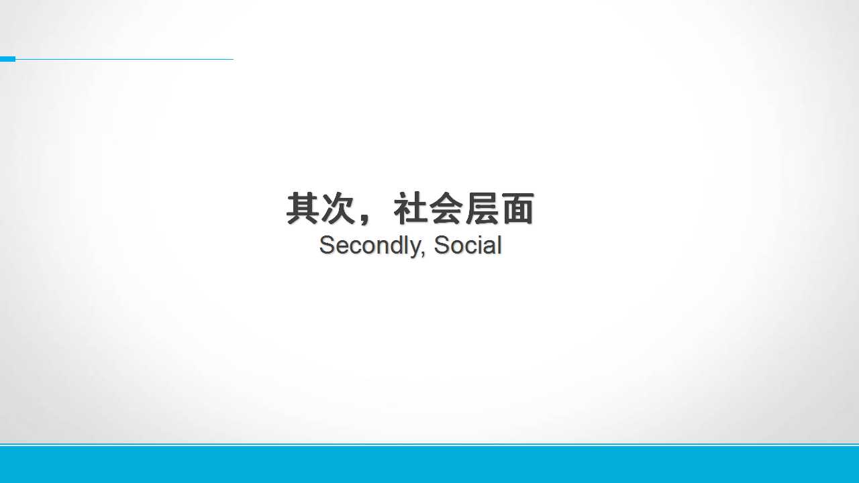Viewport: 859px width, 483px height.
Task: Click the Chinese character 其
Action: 303,208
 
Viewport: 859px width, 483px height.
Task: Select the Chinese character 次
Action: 338,208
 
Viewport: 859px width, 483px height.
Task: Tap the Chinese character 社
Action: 410,208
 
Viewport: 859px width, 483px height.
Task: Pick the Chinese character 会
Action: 446,208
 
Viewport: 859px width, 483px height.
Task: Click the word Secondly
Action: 370,247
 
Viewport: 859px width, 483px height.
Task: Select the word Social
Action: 468,245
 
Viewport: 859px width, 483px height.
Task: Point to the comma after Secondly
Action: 423,254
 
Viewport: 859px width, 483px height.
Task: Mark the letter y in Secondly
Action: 413,250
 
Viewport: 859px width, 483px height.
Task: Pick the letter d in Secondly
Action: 394,245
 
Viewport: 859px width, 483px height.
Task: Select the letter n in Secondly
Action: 379,248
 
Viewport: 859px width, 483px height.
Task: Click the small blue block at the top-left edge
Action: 7,59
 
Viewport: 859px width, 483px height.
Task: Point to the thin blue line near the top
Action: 124,60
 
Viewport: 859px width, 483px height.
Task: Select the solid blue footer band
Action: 429,464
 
